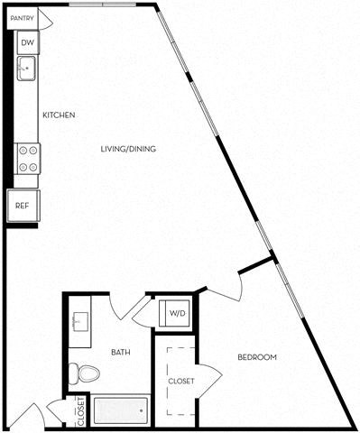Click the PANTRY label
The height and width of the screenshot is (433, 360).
23,16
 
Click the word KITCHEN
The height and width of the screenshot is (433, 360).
58,115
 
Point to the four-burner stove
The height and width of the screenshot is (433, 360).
28,159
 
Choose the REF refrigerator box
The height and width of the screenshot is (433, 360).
22,205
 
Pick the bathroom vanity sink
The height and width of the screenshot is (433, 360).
78,319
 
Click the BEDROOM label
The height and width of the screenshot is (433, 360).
256,357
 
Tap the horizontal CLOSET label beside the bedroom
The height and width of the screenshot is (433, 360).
181,381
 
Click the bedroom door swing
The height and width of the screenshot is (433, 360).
230,287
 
